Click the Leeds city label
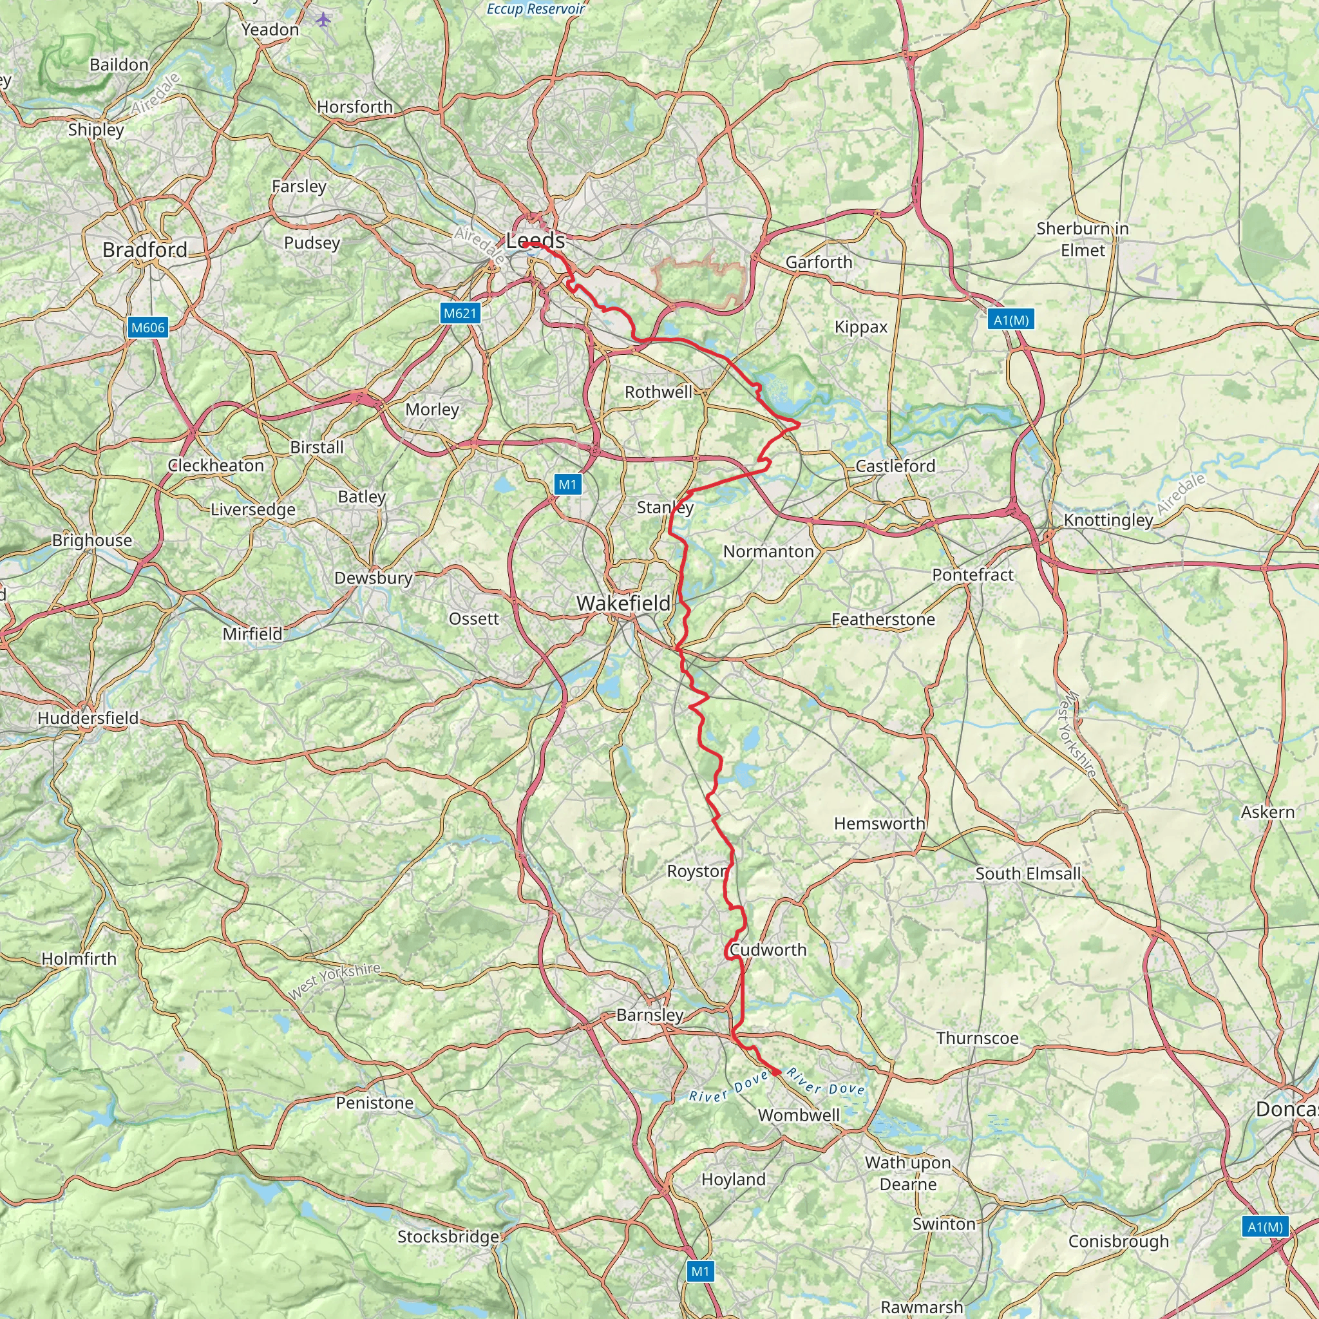(x=535, y=240)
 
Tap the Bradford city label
(x=145, y=250)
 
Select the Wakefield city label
(x=623, y=603)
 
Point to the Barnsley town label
(x=650, y=1015)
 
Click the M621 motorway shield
(x=460, y=314)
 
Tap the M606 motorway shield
(x=148, y=328)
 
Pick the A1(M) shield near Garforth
(x=1011, y=320)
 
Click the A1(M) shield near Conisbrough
(x=1265, y=1227)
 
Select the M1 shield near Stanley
(x=567, y=485)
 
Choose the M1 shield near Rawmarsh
(x=701, y=1271)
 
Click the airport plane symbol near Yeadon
(x=323, y=19)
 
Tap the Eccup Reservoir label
(x=536, y=9)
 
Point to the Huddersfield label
(x=88, y=718)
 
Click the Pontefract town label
(x=973, y=575)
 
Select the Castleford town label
(x=895, y=466)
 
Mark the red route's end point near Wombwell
(x=776, y=1072)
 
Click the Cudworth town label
(x=768, y=950)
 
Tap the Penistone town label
(x=375, y=1103)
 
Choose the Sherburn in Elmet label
(x=1082, y=239)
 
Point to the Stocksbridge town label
(x=448, y=1237)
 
